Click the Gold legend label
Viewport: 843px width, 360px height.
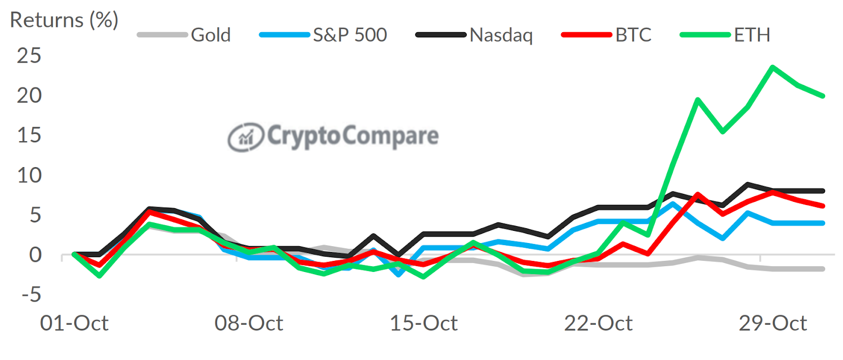pyautogui.click(x=211, y=35)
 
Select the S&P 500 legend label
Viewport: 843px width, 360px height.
pyautogui.click(x=350, y=35)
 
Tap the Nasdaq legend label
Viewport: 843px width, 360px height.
pyautogui.click(x=501, y=35)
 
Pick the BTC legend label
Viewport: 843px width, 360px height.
pyautogui.click(x=633, y=35)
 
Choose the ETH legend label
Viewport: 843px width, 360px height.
pyautogui.click(x=752, y=35)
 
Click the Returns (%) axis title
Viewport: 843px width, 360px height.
pyautogui.click(x=64, y=20)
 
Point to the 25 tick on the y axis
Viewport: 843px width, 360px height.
pyautogui.click(x=29, y=56)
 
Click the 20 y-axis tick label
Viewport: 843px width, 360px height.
pyautogui.click(x=29, y=96)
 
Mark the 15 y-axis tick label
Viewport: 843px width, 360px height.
pyautogui.click(x=29, y=135)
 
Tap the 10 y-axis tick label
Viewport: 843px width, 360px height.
pyautogui.click(x=29, y=176)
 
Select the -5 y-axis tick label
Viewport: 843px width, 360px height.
pyautogui.click(x=31, y=295)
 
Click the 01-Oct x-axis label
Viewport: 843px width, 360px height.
pyautogui.click(x=74, y=323)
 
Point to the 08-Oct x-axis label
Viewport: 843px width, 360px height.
pyautogui.click(x=249, y=323)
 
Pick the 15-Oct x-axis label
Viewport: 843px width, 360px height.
pyautogui.click(x=424, y=323)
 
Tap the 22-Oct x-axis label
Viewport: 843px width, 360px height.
pyautogui.click(x=598, y=323)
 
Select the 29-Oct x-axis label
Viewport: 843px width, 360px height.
pyautogui.click(x=772, y=323)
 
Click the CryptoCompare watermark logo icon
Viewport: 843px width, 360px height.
pyautogui.click(x=245, y=137)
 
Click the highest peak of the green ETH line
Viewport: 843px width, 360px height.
pyautogui.click(x=772, y=67)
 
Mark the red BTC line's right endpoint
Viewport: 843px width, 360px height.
pyautogui.click(x=823, y=206)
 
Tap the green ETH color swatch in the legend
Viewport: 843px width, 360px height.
pyautogui.click(x=705, y=35)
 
